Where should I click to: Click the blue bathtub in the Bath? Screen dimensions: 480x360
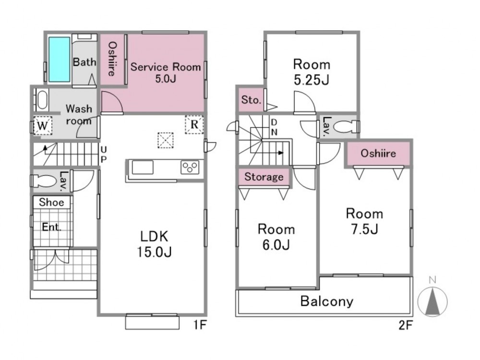tap(60, 60)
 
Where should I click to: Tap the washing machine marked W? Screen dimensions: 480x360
tap(43, 125)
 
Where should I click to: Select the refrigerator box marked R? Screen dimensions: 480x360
tap(194, 125)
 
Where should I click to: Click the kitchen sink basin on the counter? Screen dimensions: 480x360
tap(143, 168)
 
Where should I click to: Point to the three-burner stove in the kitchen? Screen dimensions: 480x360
tap(190, 168)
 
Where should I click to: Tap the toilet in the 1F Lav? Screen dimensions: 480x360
tap(43, 180)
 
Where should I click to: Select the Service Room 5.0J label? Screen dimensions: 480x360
tap(166, 73)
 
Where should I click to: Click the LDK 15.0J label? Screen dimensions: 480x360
tap(154, 244)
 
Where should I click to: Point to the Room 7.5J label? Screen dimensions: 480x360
tap(364, 221)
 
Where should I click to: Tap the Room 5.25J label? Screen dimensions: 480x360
tap(312, 72)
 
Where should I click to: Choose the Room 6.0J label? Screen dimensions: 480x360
tap(276, 237)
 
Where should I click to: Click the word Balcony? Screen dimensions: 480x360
tap(326, 301)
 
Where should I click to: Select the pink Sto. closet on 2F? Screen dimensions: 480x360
tap(251, 100)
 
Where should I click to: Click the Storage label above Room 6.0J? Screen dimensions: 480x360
tap(264, 177)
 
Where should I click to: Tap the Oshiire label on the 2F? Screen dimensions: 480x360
tap(378, 153)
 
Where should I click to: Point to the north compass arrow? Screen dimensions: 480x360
tap(432, 301)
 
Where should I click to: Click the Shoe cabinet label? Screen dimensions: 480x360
tap(51, 202)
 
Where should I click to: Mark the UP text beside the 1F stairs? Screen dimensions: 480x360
tap(104, 154)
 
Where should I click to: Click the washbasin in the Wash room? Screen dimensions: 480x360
tap(42, 100)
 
